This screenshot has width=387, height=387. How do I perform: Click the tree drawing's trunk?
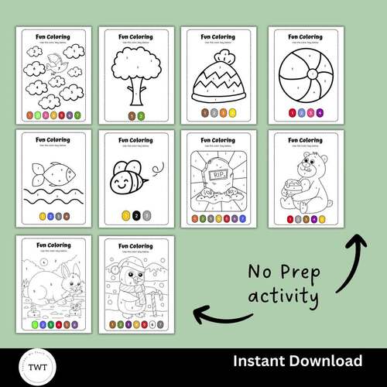coord(136,94)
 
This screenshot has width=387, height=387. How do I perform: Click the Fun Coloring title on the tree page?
coord(136,36)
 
